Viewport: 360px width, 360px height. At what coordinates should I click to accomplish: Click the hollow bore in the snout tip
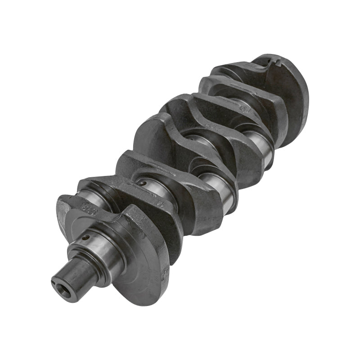point(61,284)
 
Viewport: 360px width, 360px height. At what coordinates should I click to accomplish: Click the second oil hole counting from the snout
point(142,183)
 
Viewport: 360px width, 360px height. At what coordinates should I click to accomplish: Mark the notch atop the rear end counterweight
point(275,61)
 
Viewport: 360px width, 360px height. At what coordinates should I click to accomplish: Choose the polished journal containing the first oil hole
point(97,245)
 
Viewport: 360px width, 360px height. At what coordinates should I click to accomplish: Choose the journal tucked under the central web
point(198,139)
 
